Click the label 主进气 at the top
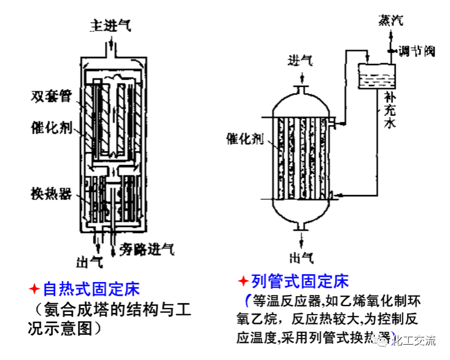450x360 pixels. point(111,26)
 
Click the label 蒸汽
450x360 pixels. point(391,20)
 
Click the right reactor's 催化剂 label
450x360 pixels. point(245,139)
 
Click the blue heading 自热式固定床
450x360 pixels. point(90,288)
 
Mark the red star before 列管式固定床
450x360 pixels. point(243,281)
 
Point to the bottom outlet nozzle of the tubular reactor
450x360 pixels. point(301,228)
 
